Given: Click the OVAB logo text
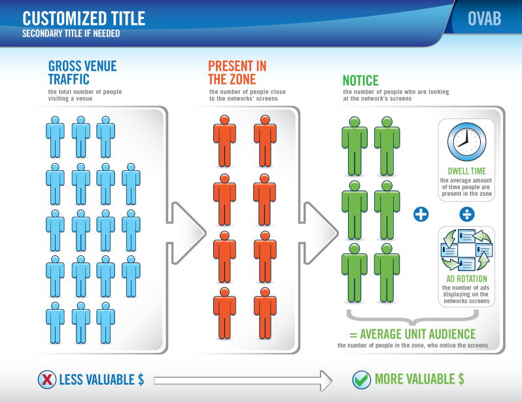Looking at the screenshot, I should click(x=484, y=19).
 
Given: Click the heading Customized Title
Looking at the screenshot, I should click(x=84, y=17).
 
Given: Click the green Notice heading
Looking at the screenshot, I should click(x=360, y=81).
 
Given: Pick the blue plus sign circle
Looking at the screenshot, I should click(x=421, y=214).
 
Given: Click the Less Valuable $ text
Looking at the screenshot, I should click(x=101, y=380).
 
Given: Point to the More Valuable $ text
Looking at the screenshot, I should click(x=419, y=379).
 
